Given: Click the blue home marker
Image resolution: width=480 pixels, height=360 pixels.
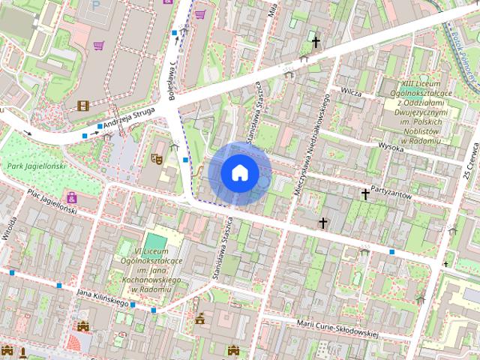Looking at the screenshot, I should click(239, 173).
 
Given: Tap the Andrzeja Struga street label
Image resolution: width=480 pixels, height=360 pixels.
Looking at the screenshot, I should click(129, 115).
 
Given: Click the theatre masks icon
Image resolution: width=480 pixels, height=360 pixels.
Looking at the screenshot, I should click(156, 158).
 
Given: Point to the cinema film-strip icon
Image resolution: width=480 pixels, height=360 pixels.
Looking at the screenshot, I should click(82, 106).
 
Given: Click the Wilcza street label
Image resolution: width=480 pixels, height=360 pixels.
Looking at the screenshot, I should click(350, 93).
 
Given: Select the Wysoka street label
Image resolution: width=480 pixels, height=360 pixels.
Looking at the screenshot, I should click(391, 146).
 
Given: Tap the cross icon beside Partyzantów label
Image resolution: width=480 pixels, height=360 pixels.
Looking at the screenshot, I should click(365, 194).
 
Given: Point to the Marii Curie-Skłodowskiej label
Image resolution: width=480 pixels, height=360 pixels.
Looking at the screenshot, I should click(337, 327).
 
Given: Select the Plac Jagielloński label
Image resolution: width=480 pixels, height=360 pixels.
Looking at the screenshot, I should click(52, 202).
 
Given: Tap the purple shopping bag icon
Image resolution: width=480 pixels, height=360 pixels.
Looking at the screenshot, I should click(71, 198).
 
